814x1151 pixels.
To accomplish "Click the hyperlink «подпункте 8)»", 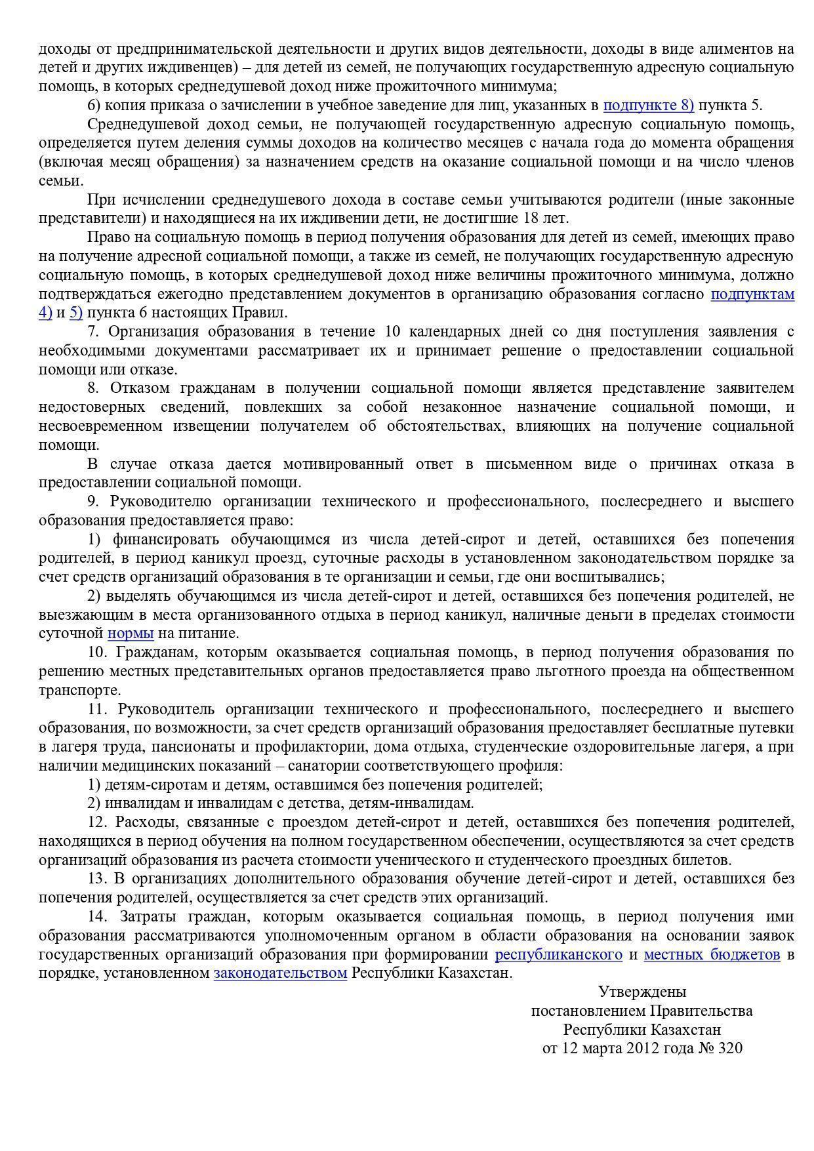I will [648, 106].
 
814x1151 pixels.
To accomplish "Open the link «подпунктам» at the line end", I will [752, 294].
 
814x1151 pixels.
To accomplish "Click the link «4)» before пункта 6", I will [45, 313].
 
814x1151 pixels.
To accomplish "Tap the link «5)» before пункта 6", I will [76, 313].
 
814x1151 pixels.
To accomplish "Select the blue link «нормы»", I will [131, 634].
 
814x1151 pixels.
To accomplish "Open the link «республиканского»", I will [558, 955].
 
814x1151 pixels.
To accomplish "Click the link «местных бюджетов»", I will [712, 955].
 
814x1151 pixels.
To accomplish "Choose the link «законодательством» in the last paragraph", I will [280, 973].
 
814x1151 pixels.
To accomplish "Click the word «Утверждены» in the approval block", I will [642, 992].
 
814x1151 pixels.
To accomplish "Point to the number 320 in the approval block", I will [730, 1049].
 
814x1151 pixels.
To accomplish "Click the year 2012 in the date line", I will [643, 1049].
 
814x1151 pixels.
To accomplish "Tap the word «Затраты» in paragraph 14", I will [149, 917].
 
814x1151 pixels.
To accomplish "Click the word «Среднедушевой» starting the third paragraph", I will [138, 125].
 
